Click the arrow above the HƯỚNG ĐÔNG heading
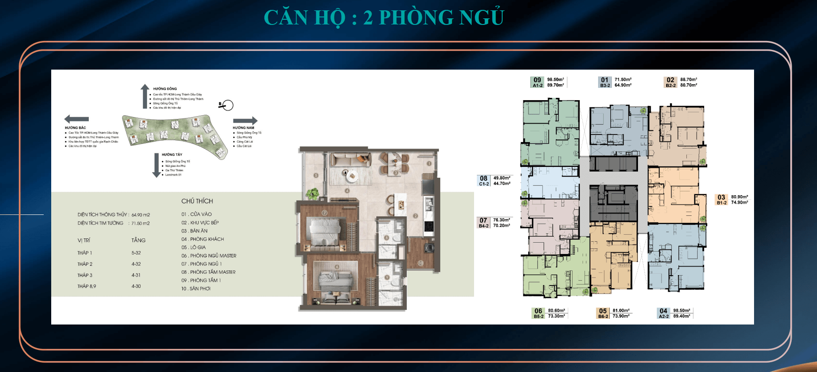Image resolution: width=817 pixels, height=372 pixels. (145, 96)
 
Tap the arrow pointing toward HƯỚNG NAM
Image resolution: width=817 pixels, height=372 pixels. (245, 121)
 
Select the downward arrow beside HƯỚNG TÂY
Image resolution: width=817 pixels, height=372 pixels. (156, 165)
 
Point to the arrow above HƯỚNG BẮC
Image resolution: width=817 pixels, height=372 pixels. (77, 119)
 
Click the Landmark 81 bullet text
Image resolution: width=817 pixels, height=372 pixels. (173, 174)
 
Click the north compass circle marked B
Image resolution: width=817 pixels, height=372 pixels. (227, 105)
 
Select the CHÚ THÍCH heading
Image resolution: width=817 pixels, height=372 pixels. (197, 201)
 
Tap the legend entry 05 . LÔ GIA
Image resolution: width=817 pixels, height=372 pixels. (194, 247)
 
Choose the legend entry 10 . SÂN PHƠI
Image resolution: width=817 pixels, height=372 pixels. (196, 289)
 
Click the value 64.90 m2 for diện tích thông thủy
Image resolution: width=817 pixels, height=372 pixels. (140, 215)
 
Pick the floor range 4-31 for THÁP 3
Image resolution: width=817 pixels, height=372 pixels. (136, 275)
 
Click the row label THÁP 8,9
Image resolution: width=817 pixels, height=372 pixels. (86, 286)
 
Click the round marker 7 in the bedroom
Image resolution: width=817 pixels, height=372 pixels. (324, 213)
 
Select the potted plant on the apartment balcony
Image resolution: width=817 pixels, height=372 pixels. (312, 193)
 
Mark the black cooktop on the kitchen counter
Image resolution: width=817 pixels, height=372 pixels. (428, 226)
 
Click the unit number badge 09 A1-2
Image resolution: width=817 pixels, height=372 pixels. (537, 82)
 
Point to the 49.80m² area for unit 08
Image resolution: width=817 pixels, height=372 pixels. (502, 178)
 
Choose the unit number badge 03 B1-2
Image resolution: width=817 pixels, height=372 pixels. (722, 200)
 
